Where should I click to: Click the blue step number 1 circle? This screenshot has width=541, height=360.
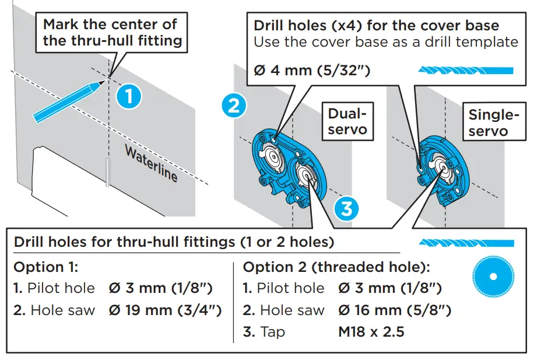(128, 96)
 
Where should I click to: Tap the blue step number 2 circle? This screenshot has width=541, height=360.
(233, 106)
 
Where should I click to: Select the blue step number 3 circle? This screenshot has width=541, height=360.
(346, 208)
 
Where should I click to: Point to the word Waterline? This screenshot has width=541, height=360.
(151, 163)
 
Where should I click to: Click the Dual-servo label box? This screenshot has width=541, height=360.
(348, 121)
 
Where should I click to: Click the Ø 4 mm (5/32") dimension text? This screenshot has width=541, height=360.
(312, 71)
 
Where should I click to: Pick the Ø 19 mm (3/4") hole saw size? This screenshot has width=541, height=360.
(165, 310)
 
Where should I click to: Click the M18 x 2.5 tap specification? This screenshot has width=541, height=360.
(371, 332)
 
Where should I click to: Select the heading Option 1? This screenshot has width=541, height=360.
(45, 267)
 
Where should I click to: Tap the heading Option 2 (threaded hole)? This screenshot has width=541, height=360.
(336, 267)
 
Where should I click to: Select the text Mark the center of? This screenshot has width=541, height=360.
(110, 25)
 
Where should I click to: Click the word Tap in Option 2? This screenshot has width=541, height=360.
(273, 332)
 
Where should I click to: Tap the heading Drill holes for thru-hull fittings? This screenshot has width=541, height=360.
(173, 242)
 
